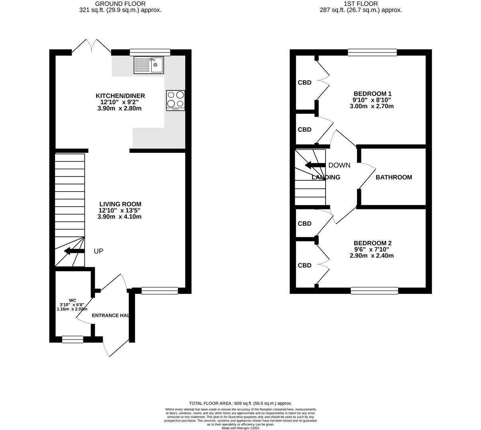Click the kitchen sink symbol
pos(149,65)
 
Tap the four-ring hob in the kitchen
pos(176,100)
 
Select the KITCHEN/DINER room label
pos(120,96)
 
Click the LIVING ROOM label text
pos(120,204)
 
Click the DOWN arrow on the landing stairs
pos(315,165)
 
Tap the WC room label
pos(72,300)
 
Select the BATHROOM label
pos(394,177)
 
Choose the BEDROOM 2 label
pos(372,243)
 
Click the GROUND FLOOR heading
pos(120,4)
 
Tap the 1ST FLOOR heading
pos(361,4)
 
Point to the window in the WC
pos(73,339)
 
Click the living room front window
pos(159,291)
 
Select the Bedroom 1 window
pos(372,52)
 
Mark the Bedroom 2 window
pos(374,291)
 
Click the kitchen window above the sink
pos(150,52)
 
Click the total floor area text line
pos(240,403)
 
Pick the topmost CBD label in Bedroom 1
pos(304,83)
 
